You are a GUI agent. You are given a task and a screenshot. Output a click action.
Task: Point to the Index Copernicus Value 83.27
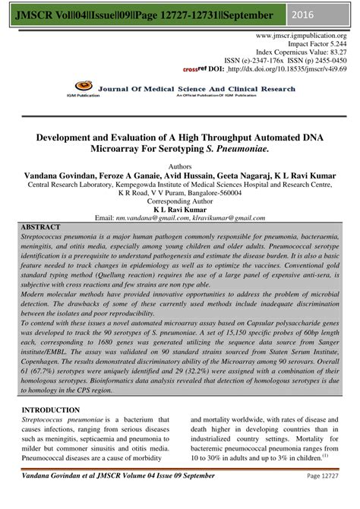pos(334,55)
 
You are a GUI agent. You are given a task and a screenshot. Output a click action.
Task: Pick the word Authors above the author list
pos(180,163)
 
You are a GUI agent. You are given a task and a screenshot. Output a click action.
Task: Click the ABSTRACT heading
pos(41,227)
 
